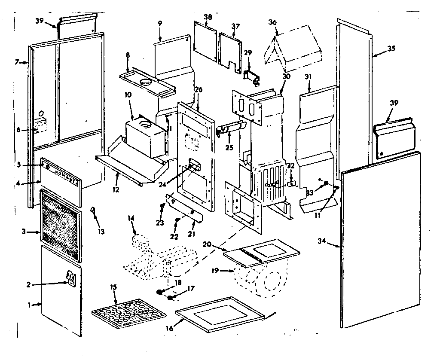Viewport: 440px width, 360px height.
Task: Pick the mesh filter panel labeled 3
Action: click(x=60, y=225)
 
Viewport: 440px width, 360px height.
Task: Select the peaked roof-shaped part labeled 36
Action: click(x=296, y=50)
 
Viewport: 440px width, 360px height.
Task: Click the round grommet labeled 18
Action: click(x=160, y=292)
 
